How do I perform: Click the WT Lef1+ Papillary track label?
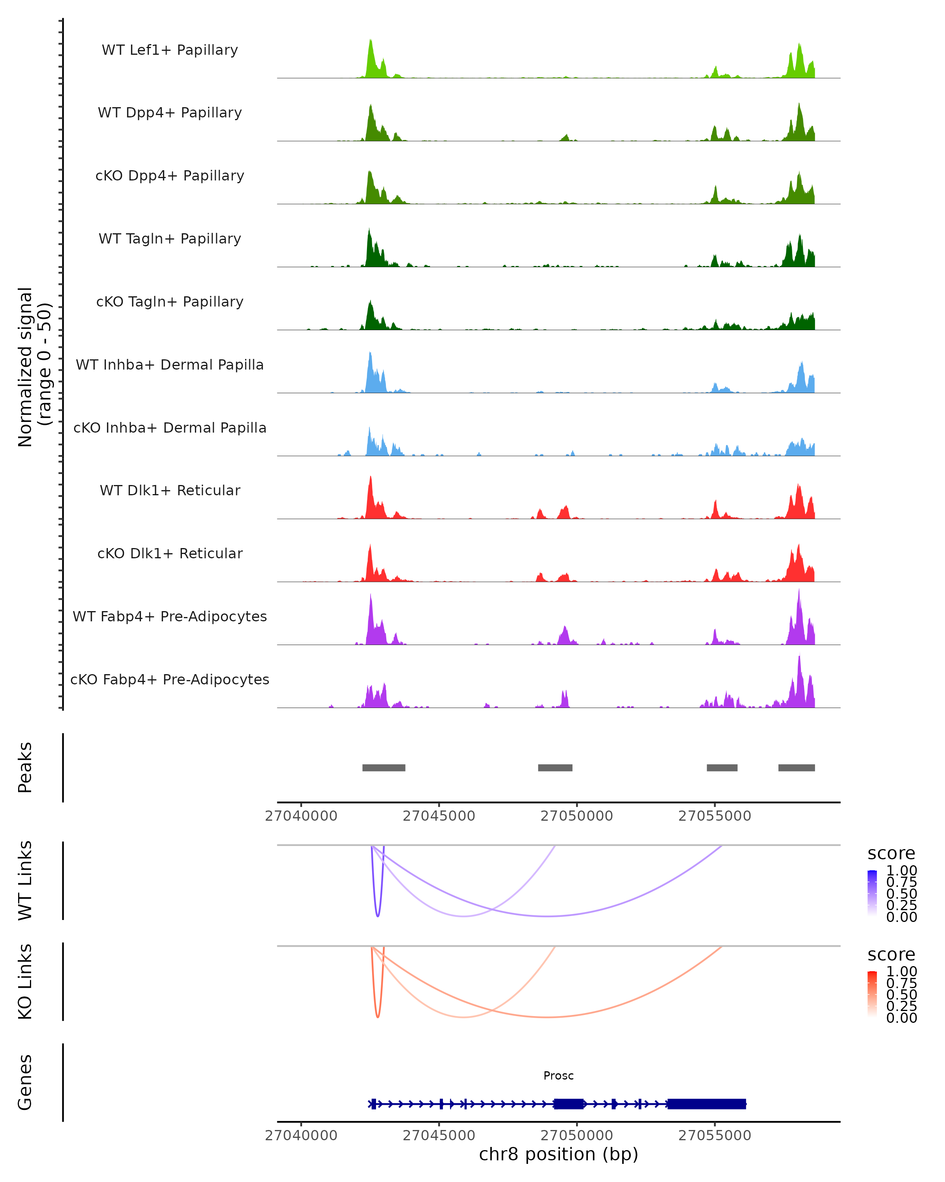point(170,50)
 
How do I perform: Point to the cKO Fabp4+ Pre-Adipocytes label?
point(170,679)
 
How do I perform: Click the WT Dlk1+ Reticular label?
point(170,490)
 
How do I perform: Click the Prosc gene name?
point(558,1076)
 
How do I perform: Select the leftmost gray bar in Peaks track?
point(384,768)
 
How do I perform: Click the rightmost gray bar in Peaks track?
point(796,768)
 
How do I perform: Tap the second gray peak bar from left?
point(555,768)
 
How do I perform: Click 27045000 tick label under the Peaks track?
point(439,816)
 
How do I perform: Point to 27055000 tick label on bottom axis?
point(714,1136)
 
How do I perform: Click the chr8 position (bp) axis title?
point(558,1154)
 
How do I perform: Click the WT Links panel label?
point(25,881)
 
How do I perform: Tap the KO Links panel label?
point(25,981)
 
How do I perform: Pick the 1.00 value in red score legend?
point(901,972)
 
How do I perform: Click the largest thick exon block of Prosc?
point(706,1104)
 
